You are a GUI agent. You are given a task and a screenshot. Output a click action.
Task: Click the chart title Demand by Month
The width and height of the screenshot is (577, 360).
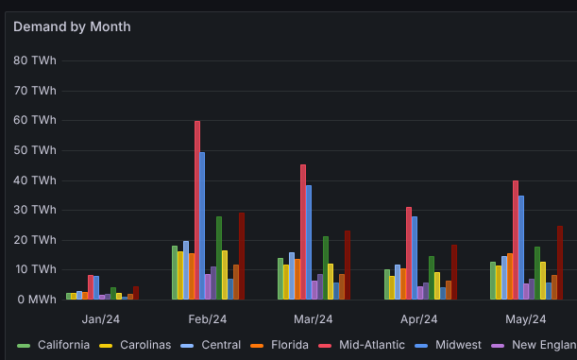[x=72, y=26]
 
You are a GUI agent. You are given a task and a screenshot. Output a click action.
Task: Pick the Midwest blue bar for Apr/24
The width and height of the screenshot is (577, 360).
[x=415, y=257]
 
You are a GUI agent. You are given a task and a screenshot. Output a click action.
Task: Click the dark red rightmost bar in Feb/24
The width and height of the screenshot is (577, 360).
[x=242, y=255]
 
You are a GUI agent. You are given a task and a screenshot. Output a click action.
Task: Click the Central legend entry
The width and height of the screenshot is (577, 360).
[x=223, y=345]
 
